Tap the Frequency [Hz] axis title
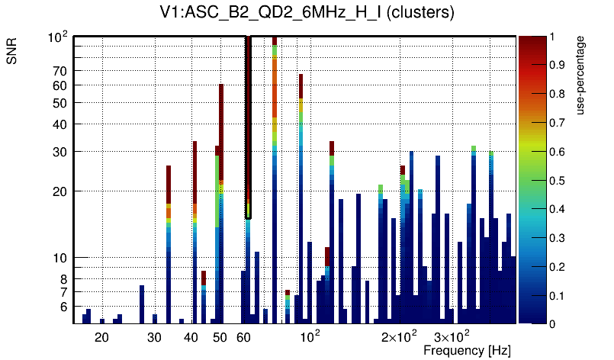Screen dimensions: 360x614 tap(466, 350)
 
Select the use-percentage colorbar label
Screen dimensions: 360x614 tap(581, 76)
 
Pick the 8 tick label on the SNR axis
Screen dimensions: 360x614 tap(64, 279)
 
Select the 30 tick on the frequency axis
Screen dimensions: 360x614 tap(154, 336)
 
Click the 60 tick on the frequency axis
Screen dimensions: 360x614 tap(245, 336)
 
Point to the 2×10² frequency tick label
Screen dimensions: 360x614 tap(399, 336)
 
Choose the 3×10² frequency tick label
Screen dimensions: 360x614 tap(452, 336)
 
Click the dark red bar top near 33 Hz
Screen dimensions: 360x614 tap(169, 183)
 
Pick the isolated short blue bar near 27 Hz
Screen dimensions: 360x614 tap(142, 304)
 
